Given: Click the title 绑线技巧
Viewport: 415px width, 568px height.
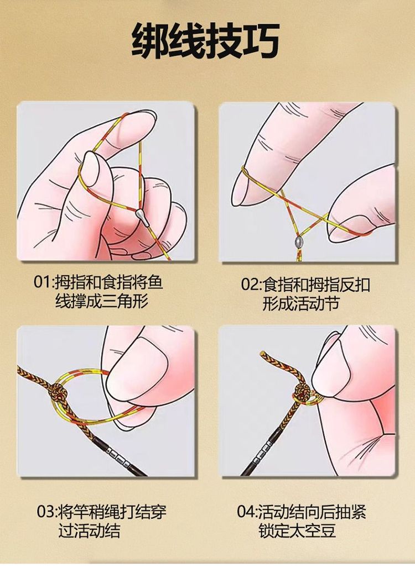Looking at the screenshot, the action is pyautogui.click(x=205, y=40).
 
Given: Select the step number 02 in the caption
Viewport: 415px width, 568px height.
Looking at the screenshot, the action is pyautogui.click(x=250, y=285).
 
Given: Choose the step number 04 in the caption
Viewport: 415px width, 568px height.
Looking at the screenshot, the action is pyautogui.click(x=246, y=512).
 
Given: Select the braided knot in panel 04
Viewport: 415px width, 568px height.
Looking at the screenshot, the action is pyautogui.click(x=303, y=395).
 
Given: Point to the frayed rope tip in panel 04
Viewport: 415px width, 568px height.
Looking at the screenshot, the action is pyautogui.click(x=263, y=354).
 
